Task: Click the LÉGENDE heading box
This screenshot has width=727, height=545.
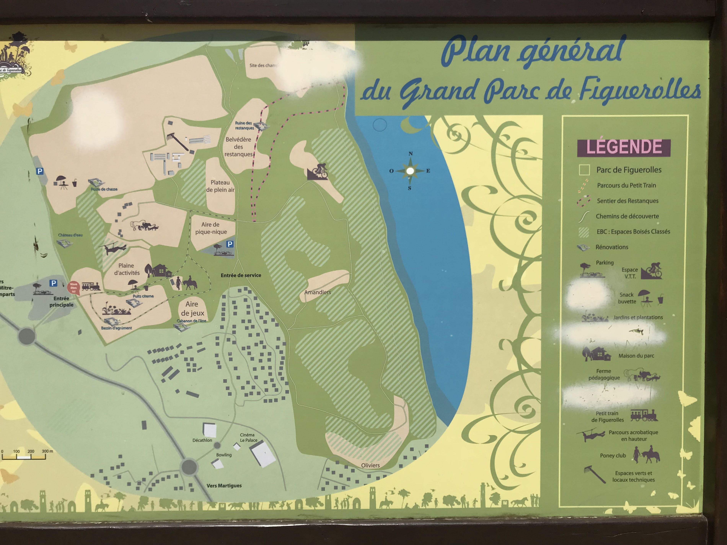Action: pos(623,147)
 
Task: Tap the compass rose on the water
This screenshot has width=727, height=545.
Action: pos(410,171)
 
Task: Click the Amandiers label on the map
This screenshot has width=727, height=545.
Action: pos(317,292)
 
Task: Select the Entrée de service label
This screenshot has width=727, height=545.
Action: pos(241,275)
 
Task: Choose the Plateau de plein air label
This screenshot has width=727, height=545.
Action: pos(220,186)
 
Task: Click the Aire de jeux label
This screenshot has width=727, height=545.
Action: pos(192,308)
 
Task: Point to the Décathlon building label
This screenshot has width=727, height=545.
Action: pos(202,440)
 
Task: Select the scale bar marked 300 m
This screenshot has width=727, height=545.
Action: pos(24,455)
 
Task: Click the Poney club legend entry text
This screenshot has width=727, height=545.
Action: pos(613,456)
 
